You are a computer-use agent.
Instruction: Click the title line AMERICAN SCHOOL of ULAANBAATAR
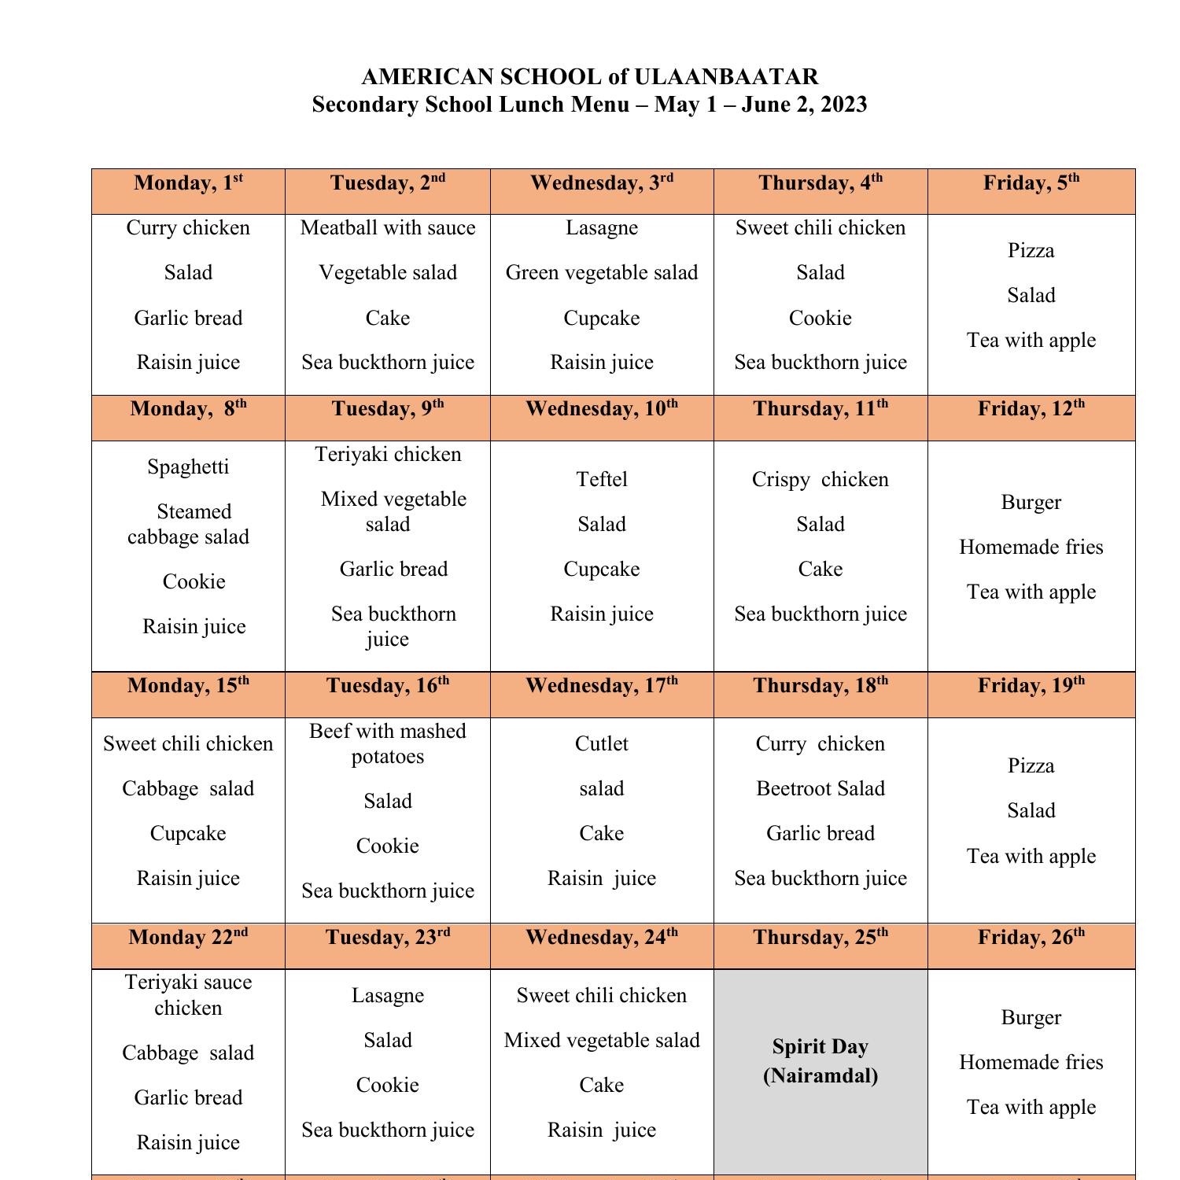point(589,77)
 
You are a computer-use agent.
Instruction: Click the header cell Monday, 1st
point(188,183)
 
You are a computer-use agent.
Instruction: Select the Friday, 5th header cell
point(1031,183)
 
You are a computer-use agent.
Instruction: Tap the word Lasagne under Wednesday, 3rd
point(602,228)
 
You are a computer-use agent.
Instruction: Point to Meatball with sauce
point(388,228)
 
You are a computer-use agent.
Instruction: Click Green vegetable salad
point(602,273)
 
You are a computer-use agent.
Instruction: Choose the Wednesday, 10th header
point(602,409)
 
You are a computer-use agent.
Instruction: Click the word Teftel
point(602,480)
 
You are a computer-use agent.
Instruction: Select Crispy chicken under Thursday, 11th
point(820,480)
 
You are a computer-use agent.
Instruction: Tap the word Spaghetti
point(188,467)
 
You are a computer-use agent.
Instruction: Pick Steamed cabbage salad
point(189,525)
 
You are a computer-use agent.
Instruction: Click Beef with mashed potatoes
point(388,743)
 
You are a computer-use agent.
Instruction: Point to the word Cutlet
point(602,744)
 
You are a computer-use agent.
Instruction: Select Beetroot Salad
point(820,789)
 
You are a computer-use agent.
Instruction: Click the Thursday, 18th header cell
point(820,686)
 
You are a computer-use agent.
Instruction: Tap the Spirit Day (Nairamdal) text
point(820,1061)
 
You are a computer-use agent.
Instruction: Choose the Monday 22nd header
point(188,938)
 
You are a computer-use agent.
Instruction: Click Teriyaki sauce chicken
point(188,995)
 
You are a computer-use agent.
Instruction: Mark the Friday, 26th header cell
point(1031,938)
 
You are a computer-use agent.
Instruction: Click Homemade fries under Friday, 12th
point(1031,548)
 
